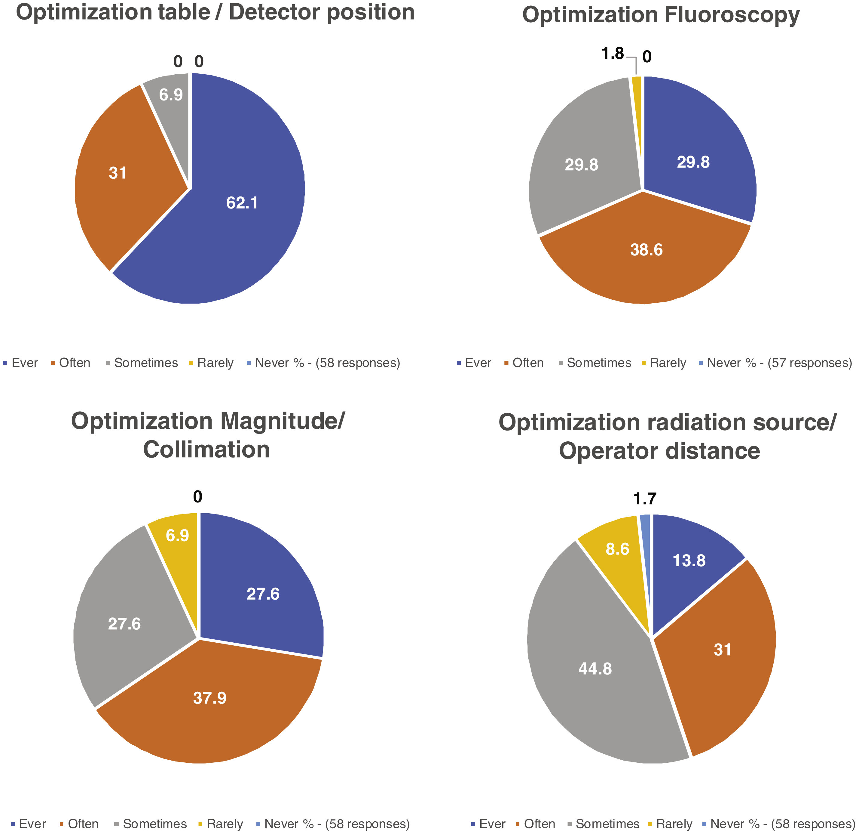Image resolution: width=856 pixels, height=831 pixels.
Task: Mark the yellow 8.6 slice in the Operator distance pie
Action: (616, 555)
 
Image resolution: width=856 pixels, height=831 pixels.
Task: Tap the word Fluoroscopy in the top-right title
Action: (732, 15)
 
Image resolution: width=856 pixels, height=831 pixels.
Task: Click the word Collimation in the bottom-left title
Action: (206, 449)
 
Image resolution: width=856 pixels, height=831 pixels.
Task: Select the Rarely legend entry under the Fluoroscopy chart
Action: (667, 363)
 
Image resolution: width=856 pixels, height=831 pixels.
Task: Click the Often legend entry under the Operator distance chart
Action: (540, 823)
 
